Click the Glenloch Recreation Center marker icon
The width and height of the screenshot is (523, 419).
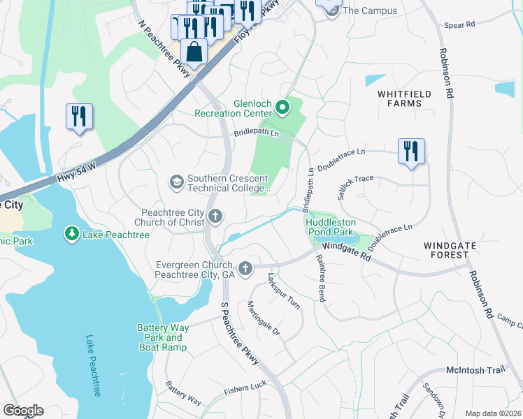coord(282,107)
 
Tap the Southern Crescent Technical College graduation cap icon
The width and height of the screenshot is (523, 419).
coord(176,183)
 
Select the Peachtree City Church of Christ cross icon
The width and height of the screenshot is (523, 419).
coord(215,217)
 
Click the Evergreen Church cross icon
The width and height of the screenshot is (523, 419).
coord(245,267)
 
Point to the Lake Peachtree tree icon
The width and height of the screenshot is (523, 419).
coord(71,234)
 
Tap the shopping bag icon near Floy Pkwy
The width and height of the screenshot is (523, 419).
coord(194,53)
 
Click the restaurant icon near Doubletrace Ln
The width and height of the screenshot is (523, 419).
coord(411,151)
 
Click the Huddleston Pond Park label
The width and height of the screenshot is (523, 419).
coord(331,228)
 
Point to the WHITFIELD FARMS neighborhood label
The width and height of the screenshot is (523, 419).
coord(400,98)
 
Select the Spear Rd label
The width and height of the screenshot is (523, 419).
coord(459,24)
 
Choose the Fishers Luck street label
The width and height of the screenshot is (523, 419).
coord(245,390)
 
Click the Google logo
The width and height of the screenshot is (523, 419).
coord(22,411)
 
